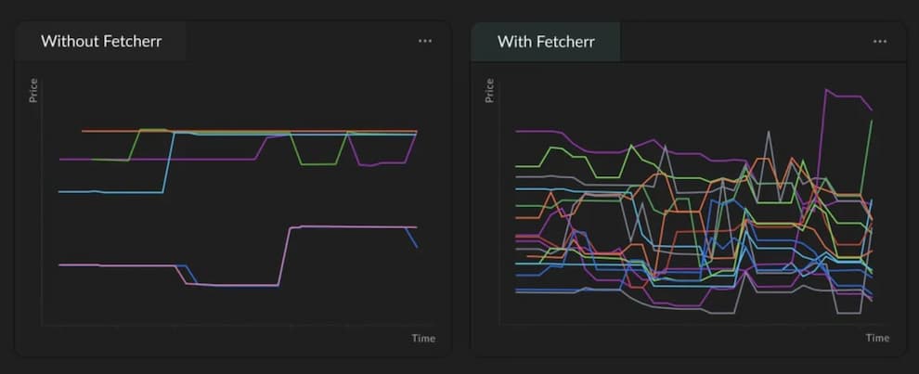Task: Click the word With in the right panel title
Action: (515, 42)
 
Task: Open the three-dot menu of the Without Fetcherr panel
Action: (425, 41)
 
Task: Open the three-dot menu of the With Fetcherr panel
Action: (880, 41)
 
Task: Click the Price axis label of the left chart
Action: (33, 90)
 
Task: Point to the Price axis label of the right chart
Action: (489, 90)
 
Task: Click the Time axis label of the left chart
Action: (423, 338)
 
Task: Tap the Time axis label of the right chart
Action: (877, 338)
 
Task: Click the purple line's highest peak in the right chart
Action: (825, 90)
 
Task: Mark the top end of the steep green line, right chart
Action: (871, 121)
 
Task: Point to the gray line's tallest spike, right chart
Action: (769, 132)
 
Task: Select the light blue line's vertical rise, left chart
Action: (167, 162)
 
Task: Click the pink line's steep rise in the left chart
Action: (285, 255)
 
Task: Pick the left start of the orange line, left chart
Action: (83, 131)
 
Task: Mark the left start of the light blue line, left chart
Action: (59, 192)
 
